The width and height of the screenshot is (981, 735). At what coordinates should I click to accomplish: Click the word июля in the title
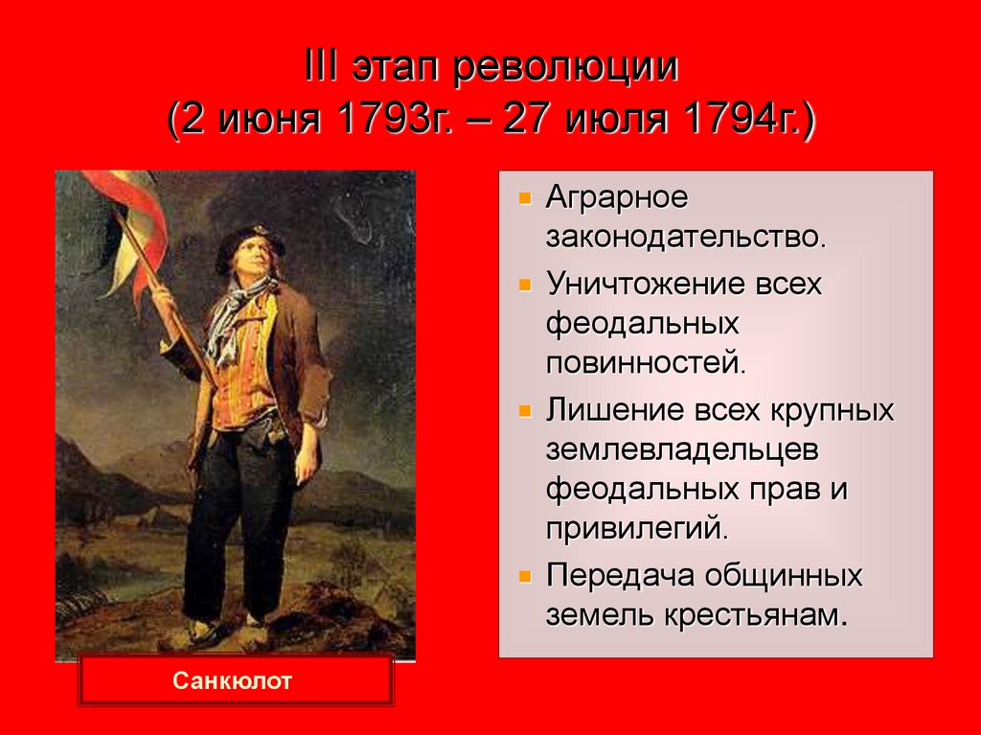tap(615, 124)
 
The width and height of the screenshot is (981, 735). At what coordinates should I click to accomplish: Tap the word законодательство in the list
tap(685, 236)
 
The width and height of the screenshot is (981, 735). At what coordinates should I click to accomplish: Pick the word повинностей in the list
tap(645, 363)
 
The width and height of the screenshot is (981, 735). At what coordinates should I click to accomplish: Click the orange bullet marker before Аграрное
tap(524, 200)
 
